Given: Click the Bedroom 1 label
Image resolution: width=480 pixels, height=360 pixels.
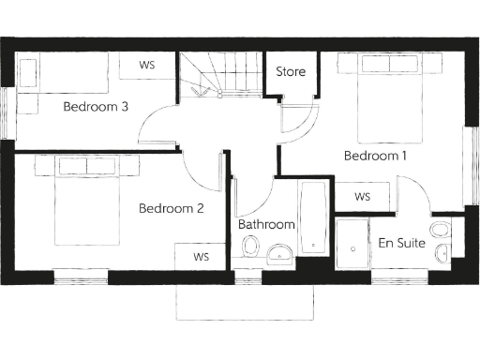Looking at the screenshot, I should coord(375,156).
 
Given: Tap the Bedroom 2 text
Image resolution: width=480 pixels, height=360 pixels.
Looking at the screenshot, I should coord(172,208).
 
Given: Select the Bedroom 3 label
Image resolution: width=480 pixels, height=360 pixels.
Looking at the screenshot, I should coord(96,106).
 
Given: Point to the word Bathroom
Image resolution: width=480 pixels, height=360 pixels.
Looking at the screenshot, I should coord(266,225).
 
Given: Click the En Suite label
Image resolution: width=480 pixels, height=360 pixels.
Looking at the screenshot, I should coord(402,243).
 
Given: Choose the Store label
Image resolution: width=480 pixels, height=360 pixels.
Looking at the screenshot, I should coord(289,72).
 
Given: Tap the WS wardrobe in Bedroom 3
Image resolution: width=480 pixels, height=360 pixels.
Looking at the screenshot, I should coord(147,66).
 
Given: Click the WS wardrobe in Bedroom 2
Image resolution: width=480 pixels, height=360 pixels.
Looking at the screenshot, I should coord(201,256).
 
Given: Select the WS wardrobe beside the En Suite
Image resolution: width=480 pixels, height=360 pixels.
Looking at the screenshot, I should coord(363,197).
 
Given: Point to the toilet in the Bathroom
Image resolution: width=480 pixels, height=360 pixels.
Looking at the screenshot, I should coord(250,247).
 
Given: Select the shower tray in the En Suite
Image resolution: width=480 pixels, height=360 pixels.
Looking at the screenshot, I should coord(353,245).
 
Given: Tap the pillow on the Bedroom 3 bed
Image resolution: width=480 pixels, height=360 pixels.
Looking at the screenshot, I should coord(29,73).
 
